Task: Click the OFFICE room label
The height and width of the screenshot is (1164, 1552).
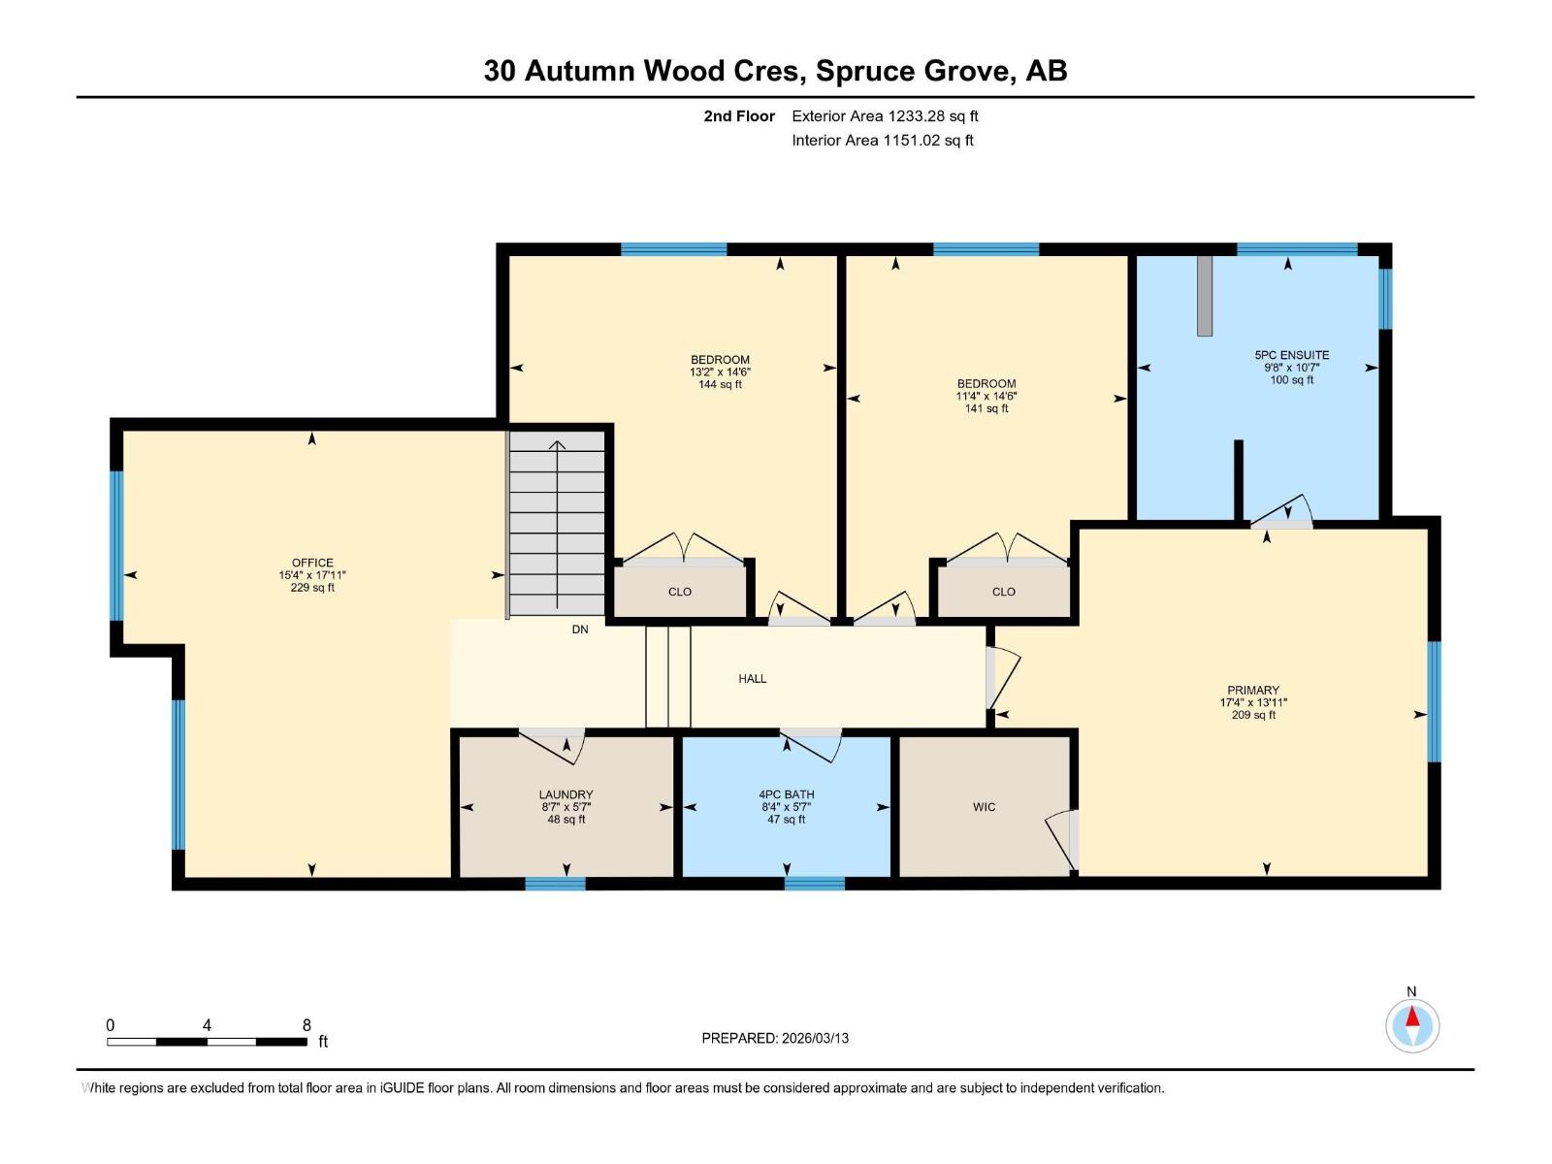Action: tap(312, 563)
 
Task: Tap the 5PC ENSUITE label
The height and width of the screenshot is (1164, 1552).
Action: tap(1291, 355)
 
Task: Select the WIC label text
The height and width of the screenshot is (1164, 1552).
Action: tap(984, 807)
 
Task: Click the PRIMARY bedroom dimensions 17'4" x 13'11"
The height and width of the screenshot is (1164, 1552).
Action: tap(1253, 703)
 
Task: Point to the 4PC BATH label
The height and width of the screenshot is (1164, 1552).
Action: tap(786, 794)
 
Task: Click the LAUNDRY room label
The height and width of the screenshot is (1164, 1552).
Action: tap(566, 794)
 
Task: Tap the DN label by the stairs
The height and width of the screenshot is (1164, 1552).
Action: tap(580, 630)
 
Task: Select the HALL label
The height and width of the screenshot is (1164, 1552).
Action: tap(752, 679)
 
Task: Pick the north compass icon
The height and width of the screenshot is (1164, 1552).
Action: tap(1412, 1025)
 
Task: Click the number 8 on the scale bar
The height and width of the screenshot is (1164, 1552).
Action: tap(307, 1025)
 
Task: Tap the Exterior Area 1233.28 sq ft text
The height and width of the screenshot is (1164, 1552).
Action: tap(885, 116)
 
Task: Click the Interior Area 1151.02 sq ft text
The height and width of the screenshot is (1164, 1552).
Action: tap(883, 141)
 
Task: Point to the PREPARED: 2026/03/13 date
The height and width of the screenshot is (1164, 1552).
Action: tap(775, 1038)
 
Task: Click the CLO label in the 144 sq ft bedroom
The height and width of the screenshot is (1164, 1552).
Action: tap(679, 592)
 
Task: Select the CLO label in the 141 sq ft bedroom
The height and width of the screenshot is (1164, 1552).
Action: tap(1003, 592)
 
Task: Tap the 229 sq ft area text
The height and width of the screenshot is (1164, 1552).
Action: tap(312, 588)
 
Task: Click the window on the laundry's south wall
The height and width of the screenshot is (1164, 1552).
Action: tap(555, 883)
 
